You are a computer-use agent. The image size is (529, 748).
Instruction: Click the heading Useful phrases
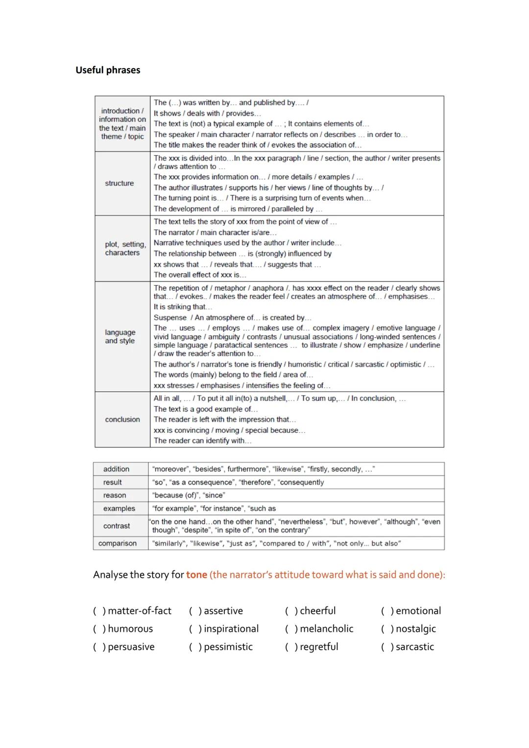(x=108, y=70)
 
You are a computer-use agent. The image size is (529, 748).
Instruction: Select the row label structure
(x=119, y=183)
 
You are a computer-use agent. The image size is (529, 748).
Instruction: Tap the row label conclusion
(x=122, y=420)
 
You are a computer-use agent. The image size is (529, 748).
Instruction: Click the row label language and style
(x=120, y=336)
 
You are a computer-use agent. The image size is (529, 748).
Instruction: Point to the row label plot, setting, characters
(x=124, y=248)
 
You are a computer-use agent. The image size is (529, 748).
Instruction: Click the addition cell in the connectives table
(x=116, y=469)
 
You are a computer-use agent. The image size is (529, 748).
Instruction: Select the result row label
(x=112, y=482)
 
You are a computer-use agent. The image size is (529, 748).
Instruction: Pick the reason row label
(x=115, y=495)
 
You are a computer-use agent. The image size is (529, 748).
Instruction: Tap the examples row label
(x=119, y=509)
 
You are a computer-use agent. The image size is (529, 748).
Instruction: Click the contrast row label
(x=117, y=526)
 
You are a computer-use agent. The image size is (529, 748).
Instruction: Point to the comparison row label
(x=118, y=543)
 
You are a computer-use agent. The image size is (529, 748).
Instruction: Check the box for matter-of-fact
(x=99, y=611)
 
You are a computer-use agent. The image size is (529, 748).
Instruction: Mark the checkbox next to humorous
(x=99, y=629)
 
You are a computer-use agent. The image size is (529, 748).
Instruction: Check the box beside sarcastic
(x=387, y=647)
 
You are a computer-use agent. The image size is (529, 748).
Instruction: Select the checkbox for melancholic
(x=291, y=629)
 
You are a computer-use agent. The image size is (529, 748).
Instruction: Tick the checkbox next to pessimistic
(x=195, y=647)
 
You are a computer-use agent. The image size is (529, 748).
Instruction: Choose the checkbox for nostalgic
(x=387, y=629)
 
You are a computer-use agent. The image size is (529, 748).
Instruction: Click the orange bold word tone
(x=196, y=575)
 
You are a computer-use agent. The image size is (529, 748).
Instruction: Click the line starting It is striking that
(x=183, y=307)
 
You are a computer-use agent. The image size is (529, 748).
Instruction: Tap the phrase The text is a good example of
(x=206, y=409)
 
